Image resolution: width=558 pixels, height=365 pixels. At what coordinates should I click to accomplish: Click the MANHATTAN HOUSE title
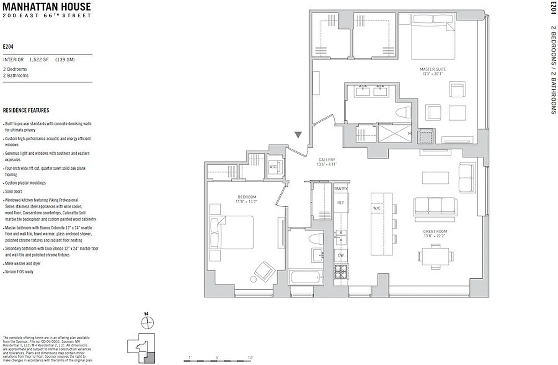coord(47,7)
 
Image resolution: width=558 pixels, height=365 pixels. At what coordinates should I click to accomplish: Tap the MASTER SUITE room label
coord(433,69)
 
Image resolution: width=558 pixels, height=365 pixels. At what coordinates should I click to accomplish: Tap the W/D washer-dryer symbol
coord(274,167)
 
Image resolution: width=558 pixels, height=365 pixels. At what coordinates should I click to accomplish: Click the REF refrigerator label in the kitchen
coord(340,203)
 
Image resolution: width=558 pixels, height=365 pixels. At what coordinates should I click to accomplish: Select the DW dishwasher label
coord(340,255)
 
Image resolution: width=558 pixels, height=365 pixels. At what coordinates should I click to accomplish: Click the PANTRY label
coord(341,188)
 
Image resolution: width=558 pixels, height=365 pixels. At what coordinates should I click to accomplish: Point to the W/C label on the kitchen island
coord(377,209)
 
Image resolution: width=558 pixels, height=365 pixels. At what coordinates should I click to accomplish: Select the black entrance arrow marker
coord(298,135)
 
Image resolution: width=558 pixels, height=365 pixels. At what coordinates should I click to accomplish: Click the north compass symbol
coord(147,322)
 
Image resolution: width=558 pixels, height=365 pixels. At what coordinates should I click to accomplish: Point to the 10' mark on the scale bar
coord(250,357)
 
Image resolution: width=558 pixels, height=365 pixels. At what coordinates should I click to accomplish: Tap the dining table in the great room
coord(436,256)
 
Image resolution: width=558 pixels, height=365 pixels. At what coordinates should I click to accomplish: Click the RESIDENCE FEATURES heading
coord(26,110)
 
